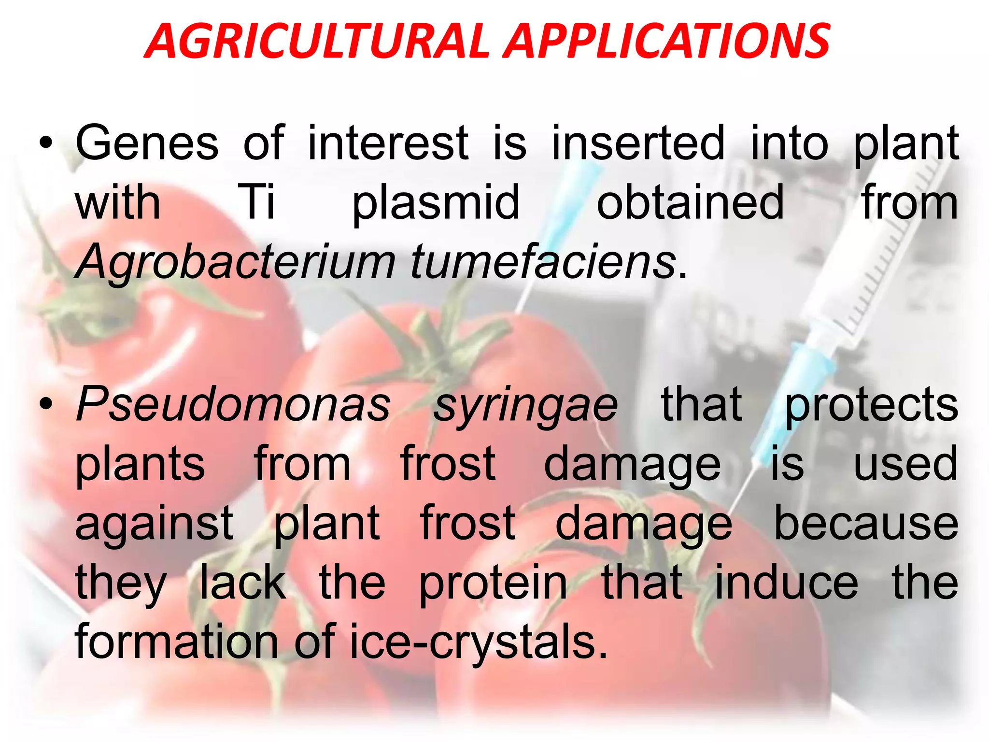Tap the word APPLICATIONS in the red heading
pyautogui.click(x=668, y=42)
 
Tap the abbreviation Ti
pyautogui.click(x=256, y=202)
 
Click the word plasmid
pyautogui.click(x=436, y=203)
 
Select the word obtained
pyautogui.click(x=690, y=202)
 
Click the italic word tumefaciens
pyautogui.click(x=543, y=262)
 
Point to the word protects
pyautogui.click(x=872, y=406)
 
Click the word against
pyautogui.click(x=155, y=525)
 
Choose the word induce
pyautogui.click(x=786, y=583)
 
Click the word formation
pyautogui.click(x=177, y=642)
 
